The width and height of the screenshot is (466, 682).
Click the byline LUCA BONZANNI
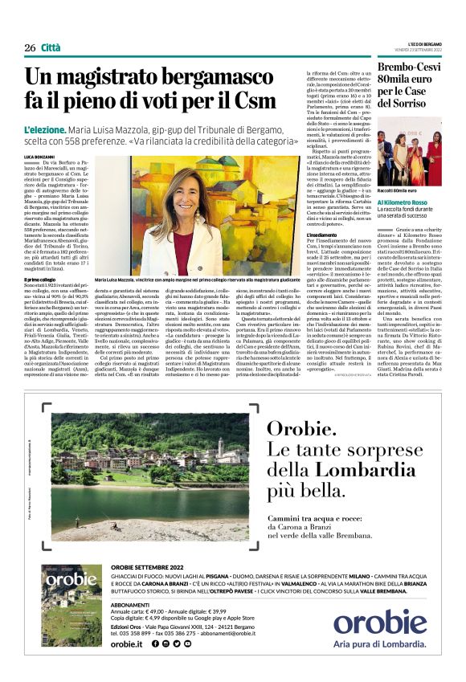[40, 156]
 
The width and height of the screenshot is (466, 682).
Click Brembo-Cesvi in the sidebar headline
[407, 70]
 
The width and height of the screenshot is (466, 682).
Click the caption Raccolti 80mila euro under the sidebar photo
[401, 190]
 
